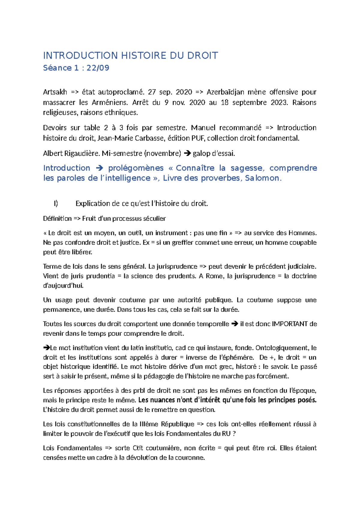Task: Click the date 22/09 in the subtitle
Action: pyautogui.click(x=98, y=68)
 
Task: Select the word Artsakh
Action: pyautogui.click(x=55, y=92)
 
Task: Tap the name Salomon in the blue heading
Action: pyautogui.click(x=262, y=178)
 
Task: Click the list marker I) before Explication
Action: pyautogui.click(x=56, y=203)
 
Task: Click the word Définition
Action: pyautogui.click(x=57, y=218)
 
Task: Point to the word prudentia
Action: pyautogui.click(x=101, y=276)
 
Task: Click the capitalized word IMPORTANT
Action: pyautogui.click(x=289, y=324)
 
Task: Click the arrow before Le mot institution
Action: pyautogui.click(x=46, y=348)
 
